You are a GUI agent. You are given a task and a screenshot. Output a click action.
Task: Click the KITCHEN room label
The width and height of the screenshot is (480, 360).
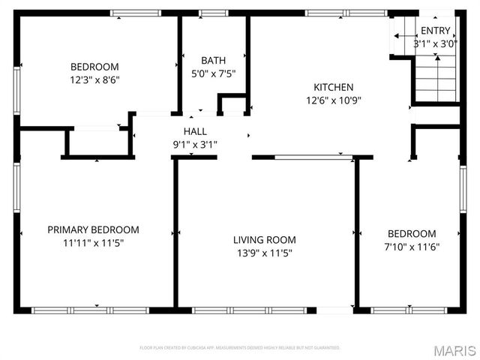333,87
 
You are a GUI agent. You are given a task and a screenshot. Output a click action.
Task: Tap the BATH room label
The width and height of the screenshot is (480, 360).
213,60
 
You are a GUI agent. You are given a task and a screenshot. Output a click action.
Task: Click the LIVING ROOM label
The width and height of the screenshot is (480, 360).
264,240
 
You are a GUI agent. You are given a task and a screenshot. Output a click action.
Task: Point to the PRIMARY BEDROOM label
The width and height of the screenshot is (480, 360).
93,229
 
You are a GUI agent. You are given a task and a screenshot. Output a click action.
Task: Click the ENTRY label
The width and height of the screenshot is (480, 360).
436,31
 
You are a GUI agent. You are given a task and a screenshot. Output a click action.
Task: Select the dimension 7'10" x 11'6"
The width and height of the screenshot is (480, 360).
411,247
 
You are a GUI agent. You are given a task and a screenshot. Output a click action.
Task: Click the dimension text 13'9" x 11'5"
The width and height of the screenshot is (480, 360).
264,253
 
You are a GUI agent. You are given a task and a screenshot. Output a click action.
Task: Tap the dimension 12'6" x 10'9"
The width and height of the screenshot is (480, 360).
333,100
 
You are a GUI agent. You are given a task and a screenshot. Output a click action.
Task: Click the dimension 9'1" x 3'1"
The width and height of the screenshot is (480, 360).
194,144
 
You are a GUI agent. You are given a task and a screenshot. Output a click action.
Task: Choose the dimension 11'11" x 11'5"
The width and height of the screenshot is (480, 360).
93,243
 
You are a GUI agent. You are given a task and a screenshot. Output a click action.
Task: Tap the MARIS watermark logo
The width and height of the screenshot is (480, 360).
454,350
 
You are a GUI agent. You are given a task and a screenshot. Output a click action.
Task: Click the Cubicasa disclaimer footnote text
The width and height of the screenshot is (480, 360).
240,348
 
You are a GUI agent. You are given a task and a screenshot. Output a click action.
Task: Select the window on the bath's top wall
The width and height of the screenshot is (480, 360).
213,13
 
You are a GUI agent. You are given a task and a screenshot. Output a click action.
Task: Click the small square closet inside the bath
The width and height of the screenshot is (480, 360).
233,105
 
